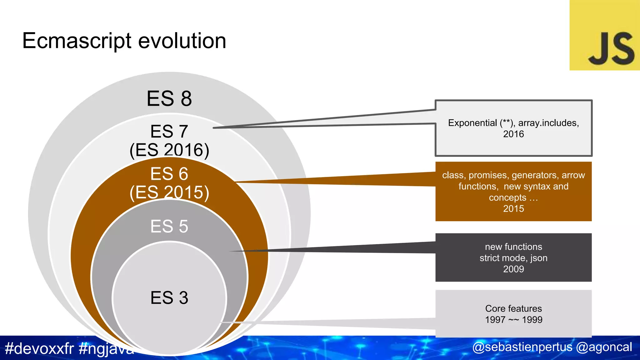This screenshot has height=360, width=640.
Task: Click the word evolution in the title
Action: (x=182, y=41)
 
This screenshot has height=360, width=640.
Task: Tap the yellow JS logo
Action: (x=604, y=35)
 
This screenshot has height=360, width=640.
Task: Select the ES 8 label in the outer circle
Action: (x=169, y=98)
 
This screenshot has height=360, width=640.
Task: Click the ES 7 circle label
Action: (x=169, y=131)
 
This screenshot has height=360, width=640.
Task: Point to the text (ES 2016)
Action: (x=169, y=150)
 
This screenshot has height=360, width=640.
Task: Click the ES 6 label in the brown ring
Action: (x=169, y=174)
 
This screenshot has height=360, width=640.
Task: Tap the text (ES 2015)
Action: (x=169, y=192)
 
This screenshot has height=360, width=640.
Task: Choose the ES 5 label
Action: (x=169, y=226)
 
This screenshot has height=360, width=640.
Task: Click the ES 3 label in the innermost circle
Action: (x=169, y=297)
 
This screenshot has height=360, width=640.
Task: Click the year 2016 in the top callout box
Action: (x=513, y=134)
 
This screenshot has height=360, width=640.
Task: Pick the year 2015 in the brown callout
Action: (x=513, y=208)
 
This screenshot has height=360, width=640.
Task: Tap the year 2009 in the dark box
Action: (x=513, y=269)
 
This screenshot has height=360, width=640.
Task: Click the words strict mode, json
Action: (x=513, y=258)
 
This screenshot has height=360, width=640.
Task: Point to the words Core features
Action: (x=513, y=308)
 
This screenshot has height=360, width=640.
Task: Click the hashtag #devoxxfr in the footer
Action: (x=39, y=348)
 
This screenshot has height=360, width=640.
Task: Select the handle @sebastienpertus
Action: (x=522, y=347)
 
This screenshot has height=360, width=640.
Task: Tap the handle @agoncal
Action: (x=604, y=347)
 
